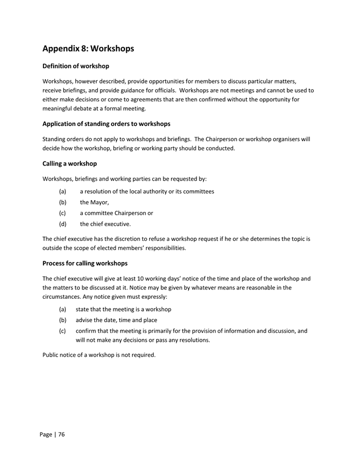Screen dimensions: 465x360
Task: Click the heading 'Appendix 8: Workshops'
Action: (x=88, y=49)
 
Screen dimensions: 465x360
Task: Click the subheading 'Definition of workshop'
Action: (x=76, y=66)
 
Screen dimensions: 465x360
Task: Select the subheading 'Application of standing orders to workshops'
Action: (x=107, y=123)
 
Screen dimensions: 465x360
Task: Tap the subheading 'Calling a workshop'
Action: (x=70, y=163)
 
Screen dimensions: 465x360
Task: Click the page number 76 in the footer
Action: (x=61, y=434)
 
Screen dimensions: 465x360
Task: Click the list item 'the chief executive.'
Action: (x=105, y=224)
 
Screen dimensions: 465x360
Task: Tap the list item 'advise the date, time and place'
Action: (x=116, y=320)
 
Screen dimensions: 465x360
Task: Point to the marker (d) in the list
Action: (x=63, y=224)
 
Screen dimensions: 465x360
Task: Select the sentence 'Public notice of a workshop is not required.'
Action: (x=99, y=355)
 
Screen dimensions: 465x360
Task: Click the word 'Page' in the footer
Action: (x=46, y=434)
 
